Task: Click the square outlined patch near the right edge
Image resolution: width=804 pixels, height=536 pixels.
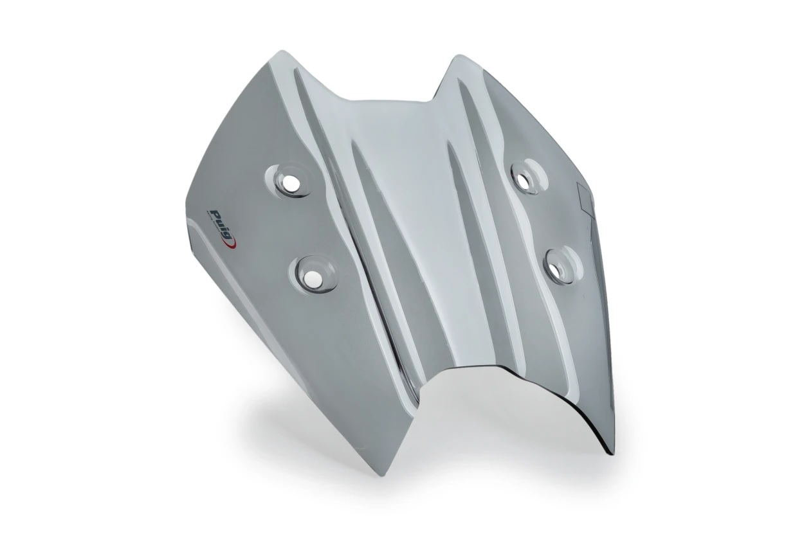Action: [x=587, y=195]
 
